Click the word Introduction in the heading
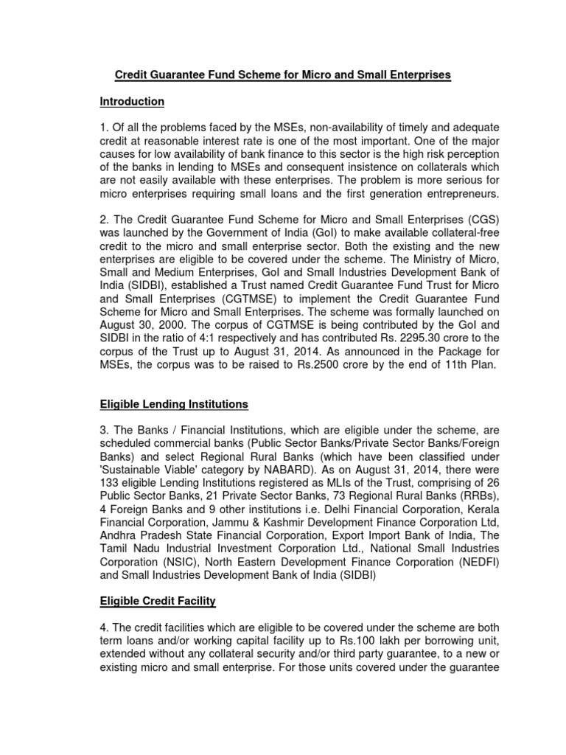132,101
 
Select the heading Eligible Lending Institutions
174,404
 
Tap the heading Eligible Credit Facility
158,602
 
